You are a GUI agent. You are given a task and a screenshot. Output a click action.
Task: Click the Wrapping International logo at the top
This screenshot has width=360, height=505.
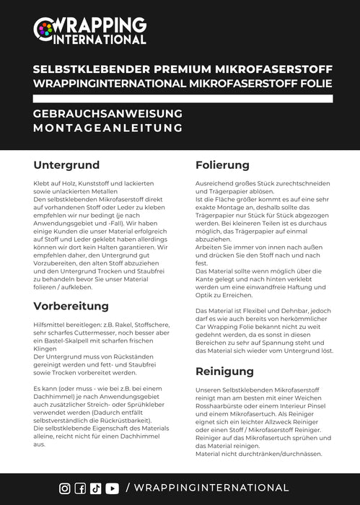pos(89,30)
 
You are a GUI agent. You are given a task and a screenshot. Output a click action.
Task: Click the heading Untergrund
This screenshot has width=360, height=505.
pos(66,165)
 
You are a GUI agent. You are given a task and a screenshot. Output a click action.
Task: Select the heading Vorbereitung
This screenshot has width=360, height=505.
pos(71,305)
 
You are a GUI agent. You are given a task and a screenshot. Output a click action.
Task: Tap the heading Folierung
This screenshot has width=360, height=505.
pos(222,165)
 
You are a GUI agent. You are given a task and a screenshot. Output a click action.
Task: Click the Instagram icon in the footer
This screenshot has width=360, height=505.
pos(65,488)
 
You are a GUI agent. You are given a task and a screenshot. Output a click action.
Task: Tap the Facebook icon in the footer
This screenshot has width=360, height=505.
pos(80,488)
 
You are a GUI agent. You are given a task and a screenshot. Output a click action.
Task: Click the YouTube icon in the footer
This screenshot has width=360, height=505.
pos(112,488)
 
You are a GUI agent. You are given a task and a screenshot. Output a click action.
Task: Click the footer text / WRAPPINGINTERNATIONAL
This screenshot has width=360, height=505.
pos(207,488)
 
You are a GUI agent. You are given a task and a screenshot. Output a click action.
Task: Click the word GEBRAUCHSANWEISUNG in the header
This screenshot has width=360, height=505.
pos(107,114)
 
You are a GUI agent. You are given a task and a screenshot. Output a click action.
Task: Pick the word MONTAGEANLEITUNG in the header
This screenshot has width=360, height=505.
pos(107,128)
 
